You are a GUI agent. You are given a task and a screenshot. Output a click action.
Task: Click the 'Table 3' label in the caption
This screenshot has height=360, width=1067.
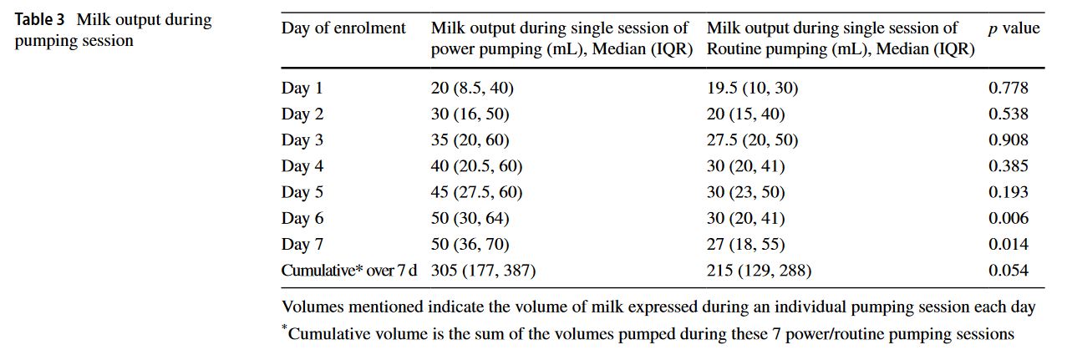click(40, 20)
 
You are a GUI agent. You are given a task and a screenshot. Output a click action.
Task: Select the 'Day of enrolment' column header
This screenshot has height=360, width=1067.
click(343, 28)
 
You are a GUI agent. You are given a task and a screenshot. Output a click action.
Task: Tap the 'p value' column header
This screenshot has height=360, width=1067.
click(1014, 28)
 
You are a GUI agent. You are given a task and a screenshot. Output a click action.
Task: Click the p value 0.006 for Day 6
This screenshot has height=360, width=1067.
click(1008, 218)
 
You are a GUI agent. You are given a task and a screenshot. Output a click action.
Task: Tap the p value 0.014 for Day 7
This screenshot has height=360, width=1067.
click(1008, 245)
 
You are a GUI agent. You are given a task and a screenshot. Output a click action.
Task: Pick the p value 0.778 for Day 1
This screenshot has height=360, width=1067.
click(1008, 88)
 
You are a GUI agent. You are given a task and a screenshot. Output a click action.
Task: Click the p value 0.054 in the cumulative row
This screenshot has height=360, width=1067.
click(1008, 271)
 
